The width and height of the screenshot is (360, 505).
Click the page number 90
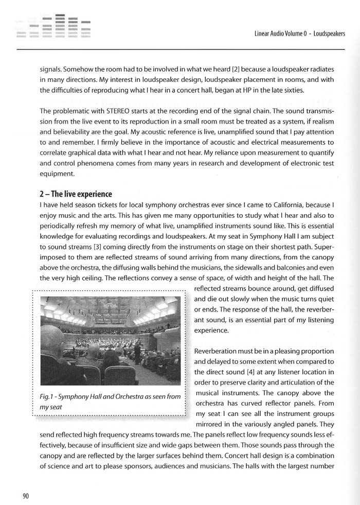25,496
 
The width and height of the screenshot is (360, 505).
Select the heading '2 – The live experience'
76,194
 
